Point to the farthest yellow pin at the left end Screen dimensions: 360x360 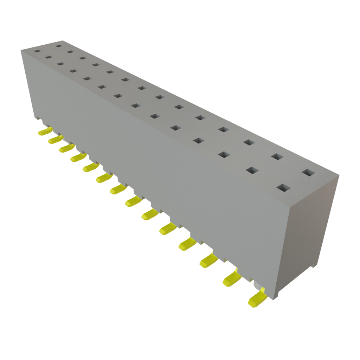click(44, 131)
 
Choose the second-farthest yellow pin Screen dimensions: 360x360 click(55, 140)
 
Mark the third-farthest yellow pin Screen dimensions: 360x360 click(66, 148)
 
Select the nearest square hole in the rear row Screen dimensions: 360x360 click(309, 172)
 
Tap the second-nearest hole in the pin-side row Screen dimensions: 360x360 click(252, 170)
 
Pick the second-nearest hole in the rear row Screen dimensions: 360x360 click(277, 156)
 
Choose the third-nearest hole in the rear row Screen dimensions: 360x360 click(249, 142)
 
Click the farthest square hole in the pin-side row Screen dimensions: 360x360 click(37, 51)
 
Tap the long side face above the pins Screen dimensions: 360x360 click(158, 158)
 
